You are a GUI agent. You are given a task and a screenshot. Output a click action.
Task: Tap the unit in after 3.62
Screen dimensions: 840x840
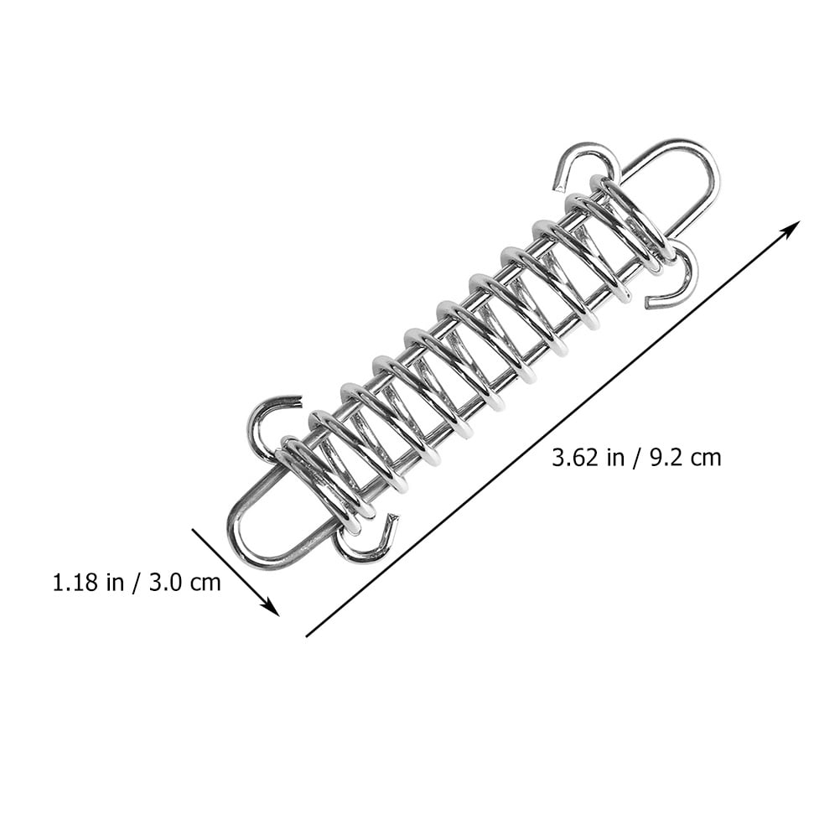pyautogui.click(x=611, y=458)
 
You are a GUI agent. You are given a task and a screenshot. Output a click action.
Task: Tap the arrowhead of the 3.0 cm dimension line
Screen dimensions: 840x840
pyautogui.click(x=272, y=609)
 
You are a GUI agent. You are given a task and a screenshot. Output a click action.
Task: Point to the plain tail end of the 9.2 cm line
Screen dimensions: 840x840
pyautogui.click(x=307, y=636)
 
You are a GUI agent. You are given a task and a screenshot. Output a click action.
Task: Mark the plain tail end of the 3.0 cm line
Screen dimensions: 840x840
pyautogui.click(x=194, y=530)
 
